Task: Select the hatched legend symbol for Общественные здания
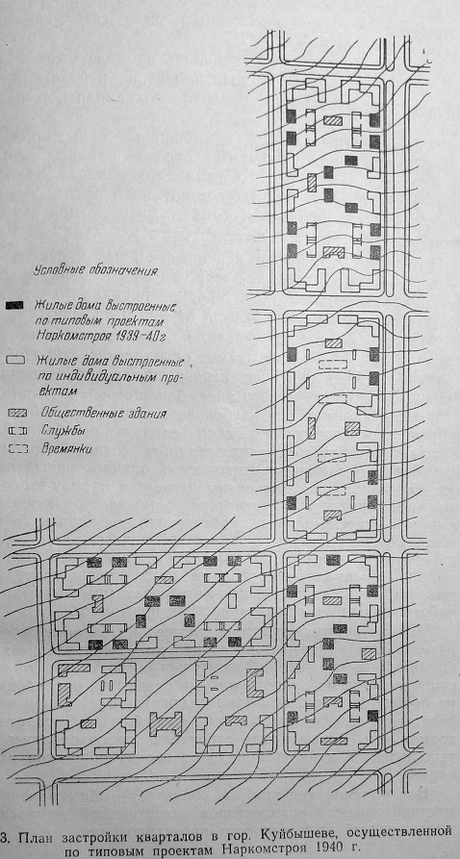pos(16,411)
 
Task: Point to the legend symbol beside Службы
pos(16,430)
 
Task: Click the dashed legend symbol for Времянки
pos(16,448)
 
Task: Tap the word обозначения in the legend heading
pos(116,269)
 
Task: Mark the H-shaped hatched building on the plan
pos(166,723)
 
